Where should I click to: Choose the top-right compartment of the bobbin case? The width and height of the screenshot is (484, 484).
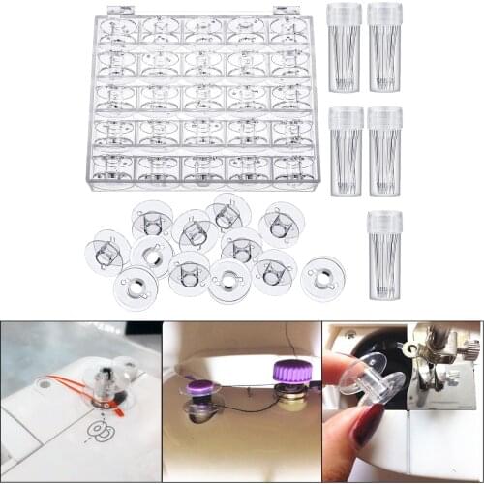click(x=290, y=29)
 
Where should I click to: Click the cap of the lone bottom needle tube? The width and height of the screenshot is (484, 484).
click(x=384, y=220)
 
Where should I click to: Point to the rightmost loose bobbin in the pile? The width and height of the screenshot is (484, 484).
click(x=322, y=278)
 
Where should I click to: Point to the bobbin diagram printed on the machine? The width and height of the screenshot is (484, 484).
click(x=97, y=429)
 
